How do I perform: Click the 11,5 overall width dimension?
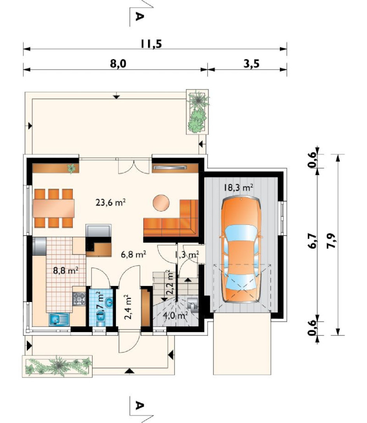[151, 44]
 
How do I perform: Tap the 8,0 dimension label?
[118, 64]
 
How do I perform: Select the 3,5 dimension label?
[251, 64]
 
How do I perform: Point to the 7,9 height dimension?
[331, 240]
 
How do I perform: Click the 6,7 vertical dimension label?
[313, 241]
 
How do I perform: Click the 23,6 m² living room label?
[110, 202]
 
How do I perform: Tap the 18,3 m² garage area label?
[238, 187]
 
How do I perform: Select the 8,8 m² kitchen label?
[66, 270]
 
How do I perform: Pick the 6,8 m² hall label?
[133, 254]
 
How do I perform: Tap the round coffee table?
[161, 203]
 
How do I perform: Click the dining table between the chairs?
[54, 208]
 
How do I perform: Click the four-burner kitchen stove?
[79, 299]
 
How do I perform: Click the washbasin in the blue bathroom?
[109, 302]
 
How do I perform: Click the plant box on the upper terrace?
[197, 112]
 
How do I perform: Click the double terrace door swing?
[134, 167]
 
